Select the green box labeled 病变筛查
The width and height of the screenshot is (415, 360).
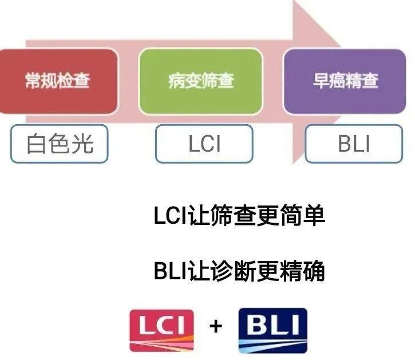coord(201,80)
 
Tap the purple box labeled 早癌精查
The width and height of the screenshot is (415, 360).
coord(345,80)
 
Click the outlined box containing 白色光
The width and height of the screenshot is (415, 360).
coord(59,144)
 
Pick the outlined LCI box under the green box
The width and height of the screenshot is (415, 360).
coord(204,144)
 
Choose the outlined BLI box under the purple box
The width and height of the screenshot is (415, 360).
coord(354,144)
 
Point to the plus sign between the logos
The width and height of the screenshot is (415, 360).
coord(216,327)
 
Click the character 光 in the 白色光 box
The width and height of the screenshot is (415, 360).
coord(83,144)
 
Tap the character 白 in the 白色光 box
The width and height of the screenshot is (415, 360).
coord(35,144)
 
